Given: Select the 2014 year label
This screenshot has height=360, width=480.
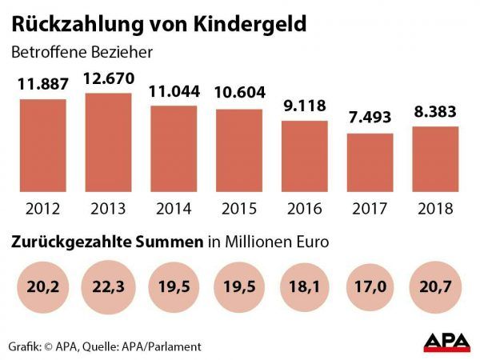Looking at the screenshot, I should coord(173,210).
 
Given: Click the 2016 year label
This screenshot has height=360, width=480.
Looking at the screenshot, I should coord(304,210).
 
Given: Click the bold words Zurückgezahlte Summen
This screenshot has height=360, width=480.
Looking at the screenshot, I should coord(104,241).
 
